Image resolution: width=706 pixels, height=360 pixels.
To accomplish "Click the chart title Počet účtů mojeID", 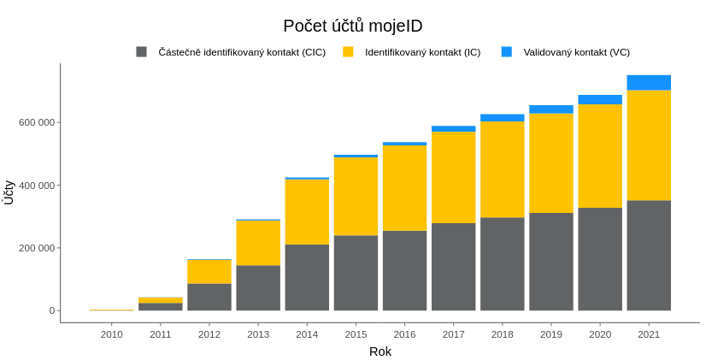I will coord(352,26).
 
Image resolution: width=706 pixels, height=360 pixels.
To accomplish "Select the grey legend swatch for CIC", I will coord(142,52).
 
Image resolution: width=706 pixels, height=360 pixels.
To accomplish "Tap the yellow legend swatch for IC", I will coord(348,52).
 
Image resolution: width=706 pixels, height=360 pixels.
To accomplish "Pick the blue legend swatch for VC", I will coord(507,52).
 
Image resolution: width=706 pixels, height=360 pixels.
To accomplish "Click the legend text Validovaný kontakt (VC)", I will coord(576,52).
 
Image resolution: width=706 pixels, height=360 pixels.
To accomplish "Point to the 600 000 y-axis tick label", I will coord(37,122).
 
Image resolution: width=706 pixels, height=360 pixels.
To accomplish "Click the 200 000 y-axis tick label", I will coord(37,248).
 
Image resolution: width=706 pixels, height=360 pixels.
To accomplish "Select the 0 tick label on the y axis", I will coord(51,310).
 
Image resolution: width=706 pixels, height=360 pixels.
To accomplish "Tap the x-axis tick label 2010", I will coord(112,334).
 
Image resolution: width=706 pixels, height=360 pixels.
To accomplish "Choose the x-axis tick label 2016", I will coord(404,334).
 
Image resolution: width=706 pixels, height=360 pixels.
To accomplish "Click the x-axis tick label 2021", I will coord(649,334).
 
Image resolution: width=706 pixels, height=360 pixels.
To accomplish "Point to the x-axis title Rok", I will coord(380,351).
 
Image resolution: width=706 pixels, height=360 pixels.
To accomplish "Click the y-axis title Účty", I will coord(9,192).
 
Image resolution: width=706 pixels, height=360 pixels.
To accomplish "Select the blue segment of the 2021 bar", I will coord(649,82).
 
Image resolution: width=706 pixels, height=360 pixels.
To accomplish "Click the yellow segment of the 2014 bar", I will coord(307,211).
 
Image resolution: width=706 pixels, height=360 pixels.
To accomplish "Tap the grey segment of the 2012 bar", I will coord(209,297).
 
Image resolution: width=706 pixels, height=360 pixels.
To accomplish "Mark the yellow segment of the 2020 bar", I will coord(600,156).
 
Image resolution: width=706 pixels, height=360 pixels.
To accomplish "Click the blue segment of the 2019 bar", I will coord(551,109).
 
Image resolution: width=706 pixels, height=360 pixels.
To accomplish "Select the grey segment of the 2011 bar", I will coord(161,306).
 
